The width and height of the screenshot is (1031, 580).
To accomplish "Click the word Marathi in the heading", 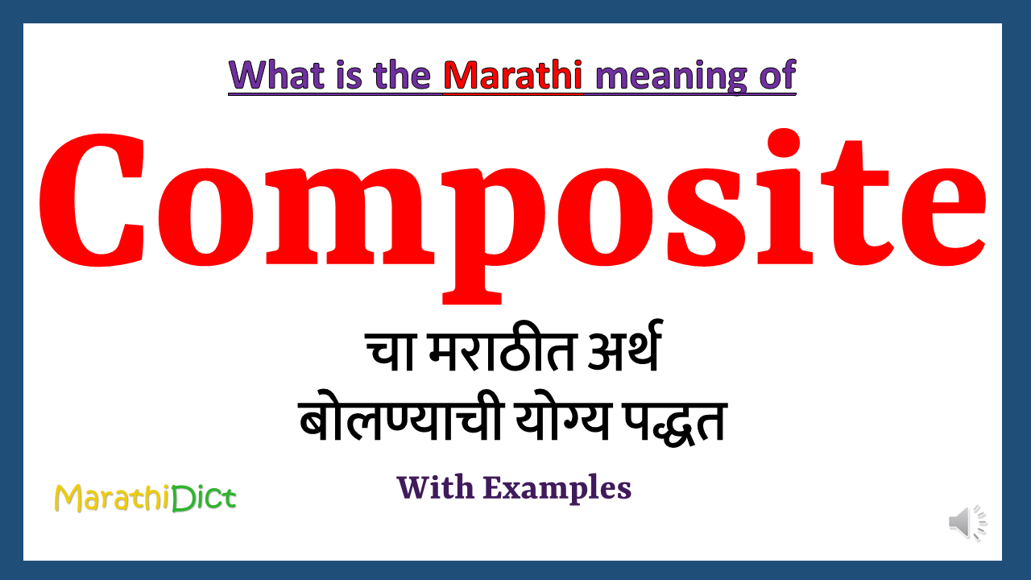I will point(513,76).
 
